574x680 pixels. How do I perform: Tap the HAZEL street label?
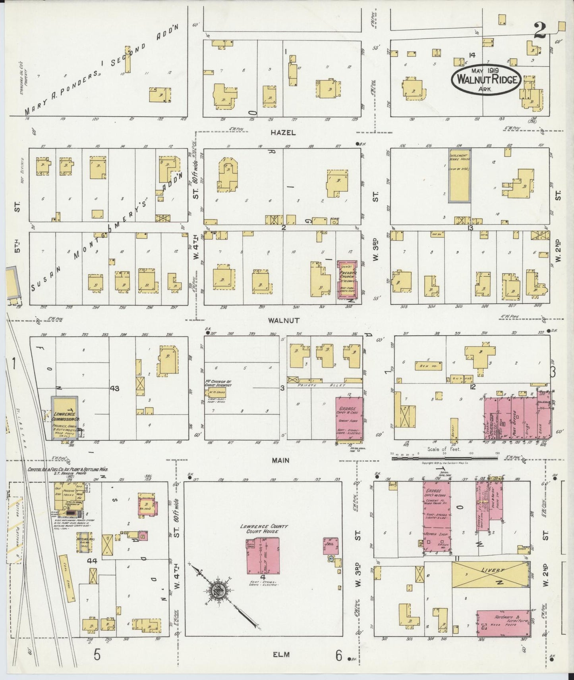(x=283, y=133)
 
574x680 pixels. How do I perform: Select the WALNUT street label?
(x=283, y=320)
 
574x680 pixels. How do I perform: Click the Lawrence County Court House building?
(x=262, y=555)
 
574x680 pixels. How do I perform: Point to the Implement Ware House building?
(x=460, y=175)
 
